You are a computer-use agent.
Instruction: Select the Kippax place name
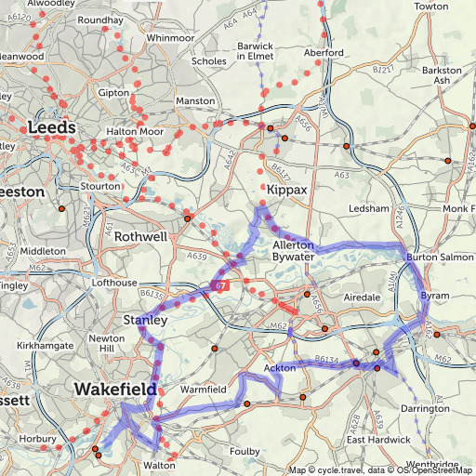click(x=286, y=189)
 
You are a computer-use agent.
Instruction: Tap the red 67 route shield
click(x=218, y=284)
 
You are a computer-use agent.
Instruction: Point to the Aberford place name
click(x=323, y=53)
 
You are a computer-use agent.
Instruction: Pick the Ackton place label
click(x=280, y=368)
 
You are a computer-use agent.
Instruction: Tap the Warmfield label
click(x=203, y=389)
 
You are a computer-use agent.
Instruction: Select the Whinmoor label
click(x=170, y=37)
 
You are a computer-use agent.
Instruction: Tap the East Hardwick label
click(x=378, y=439)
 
